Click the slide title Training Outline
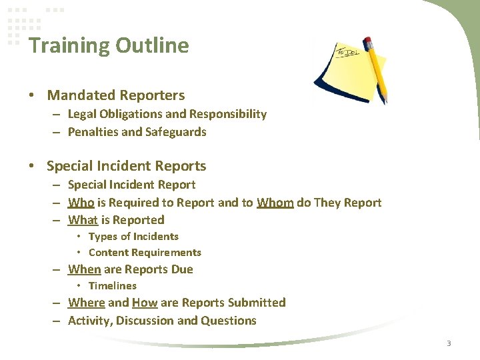[x=109, y=45]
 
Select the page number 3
[x=449, y=343]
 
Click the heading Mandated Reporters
[x=116, y=95]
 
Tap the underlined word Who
[x=81, y=202]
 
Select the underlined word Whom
[x=275, y=202]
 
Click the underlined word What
[x=83, y=219]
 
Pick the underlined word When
[x=84, y=269]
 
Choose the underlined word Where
[x=86, y=303]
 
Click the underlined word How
[x=145, y=303]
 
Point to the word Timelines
[x=112, y=286]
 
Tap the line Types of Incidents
[x=133, y=236]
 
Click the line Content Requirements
[x=145, y=253]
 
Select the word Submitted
[x=257, y=303]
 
